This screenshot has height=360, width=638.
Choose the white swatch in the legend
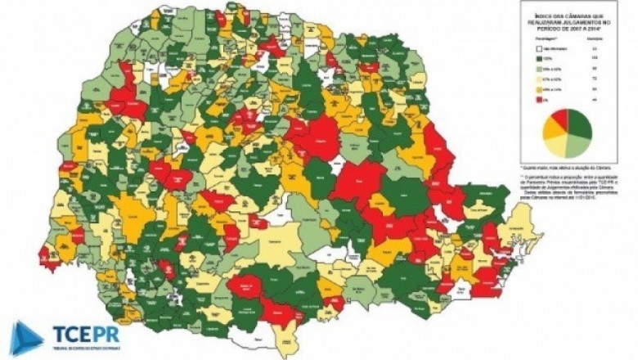539,51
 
